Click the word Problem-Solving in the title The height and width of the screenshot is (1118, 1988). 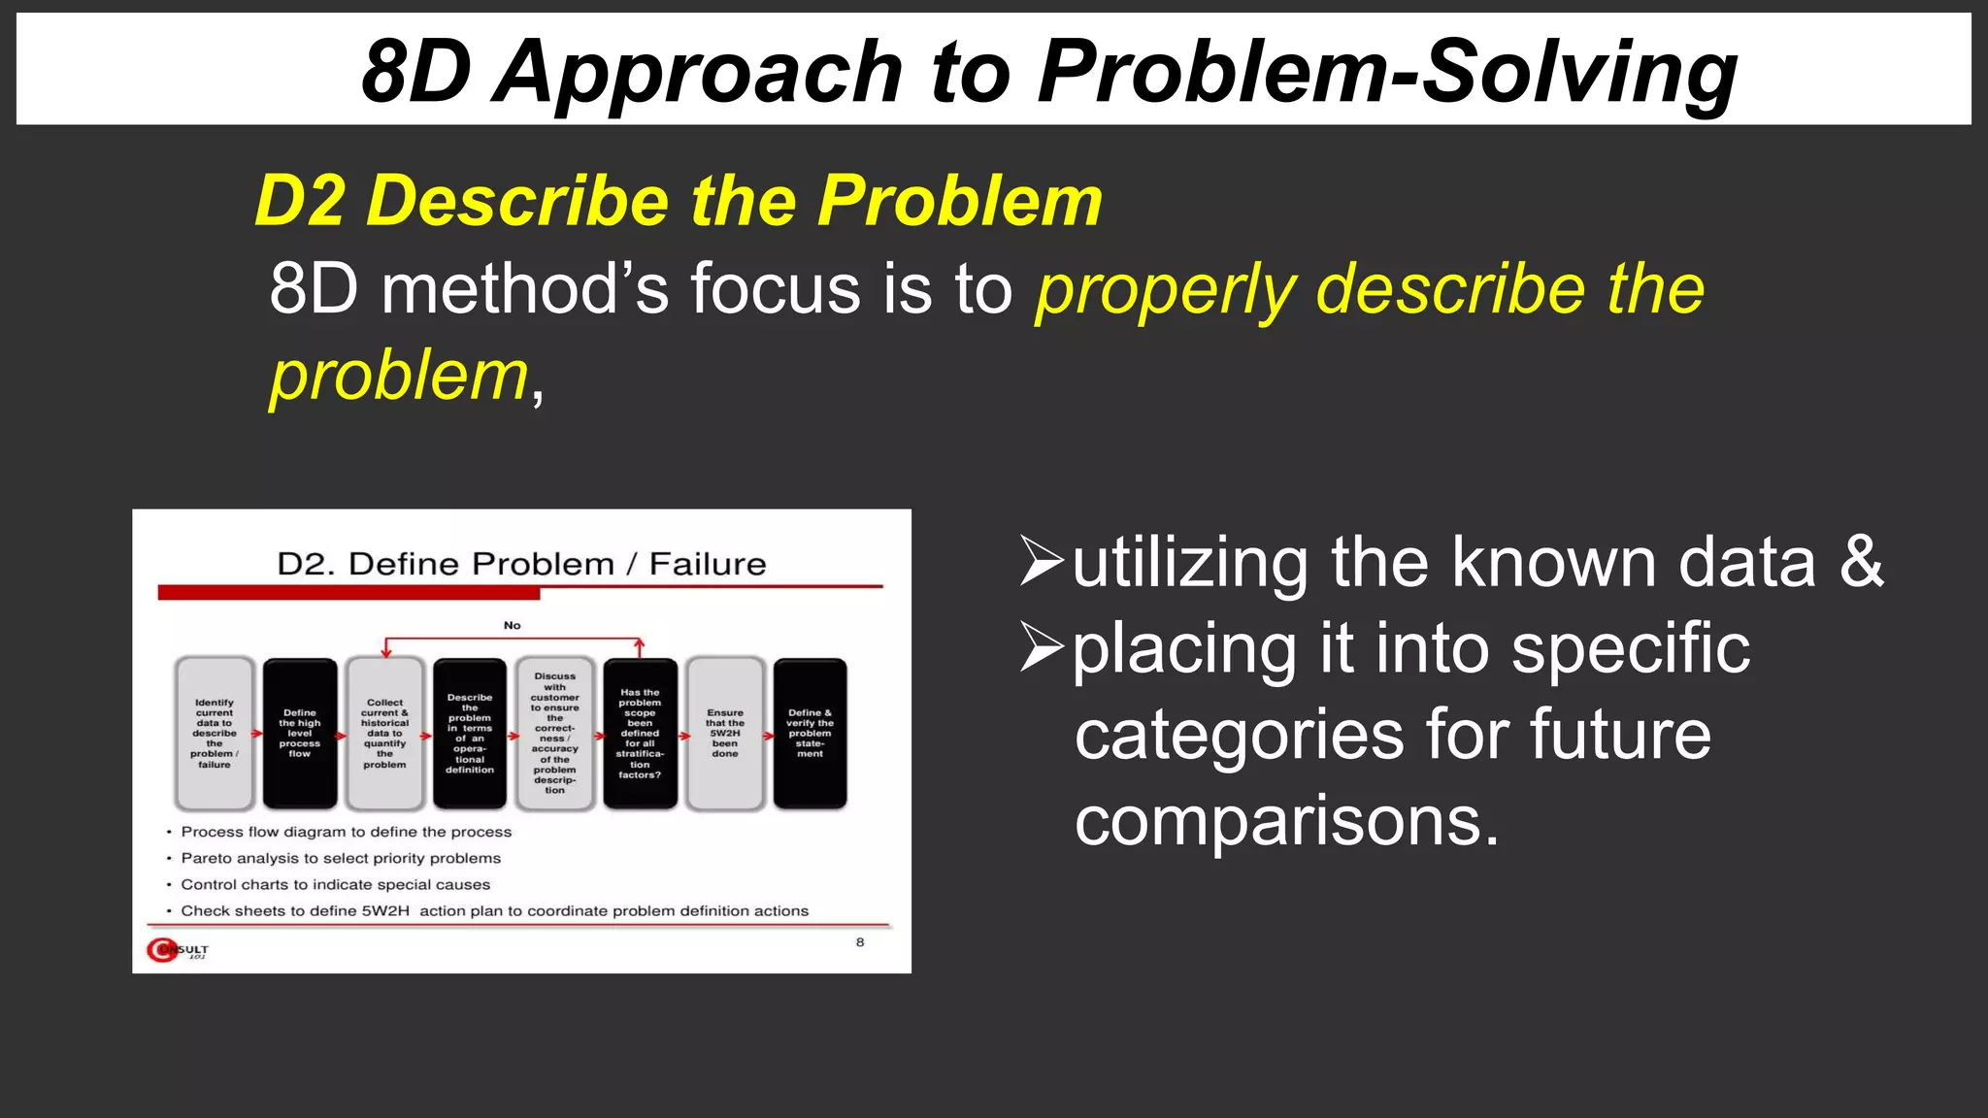pos(1386,72)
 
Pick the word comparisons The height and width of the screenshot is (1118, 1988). pos(1287,821)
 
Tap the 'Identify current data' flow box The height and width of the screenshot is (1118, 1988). pos(215,733)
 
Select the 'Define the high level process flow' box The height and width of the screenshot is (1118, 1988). pos(300,733)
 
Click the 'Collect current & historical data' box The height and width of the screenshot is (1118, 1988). pos(385,733)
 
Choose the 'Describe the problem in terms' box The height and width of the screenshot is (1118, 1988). pos(470,733)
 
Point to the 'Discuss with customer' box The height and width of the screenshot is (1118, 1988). pos(555,733)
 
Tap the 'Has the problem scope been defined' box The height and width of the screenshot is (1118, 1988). pos(640,733)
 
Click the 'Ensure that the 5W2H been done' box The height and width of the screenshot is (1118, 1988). pos(725,733)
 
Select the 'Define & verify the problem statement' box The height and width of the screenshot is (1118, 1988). pos(811,733)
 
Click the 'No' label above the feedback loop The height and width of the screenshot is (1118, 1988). pos(513,625)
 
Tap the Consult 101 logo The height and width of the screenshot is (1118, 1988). pos(178,950)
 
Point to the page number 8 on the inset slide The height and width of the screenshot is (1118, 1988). pos(860,941)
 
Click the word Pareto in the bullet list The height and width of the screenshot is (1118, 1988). pos(206,858)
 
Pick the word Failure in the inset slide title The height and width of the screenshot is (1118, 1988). pos(708,564)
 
